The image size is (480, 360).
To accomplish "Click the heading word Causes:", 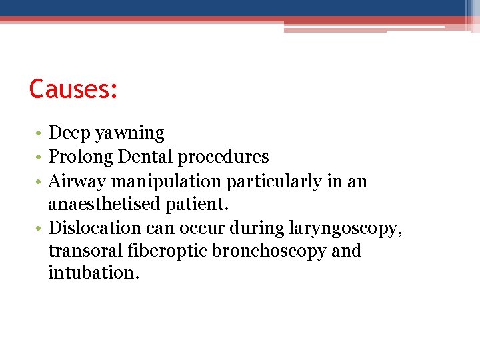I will (73, 89).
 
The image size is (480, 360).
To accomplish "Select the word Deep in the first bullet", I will (70, 133).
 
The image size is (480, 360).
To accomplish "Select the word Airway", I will (75, 182).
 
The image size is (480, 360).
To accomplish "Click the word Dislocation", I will (89, 228).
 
